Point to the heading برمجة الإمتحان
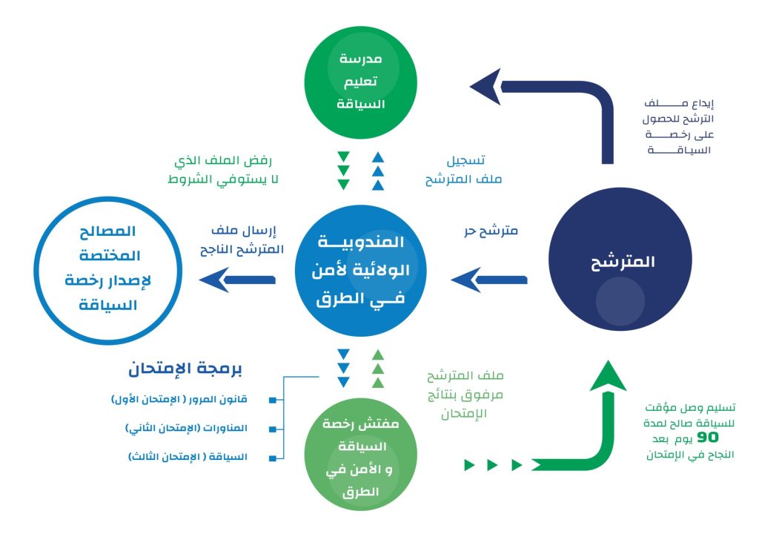coord(186,369)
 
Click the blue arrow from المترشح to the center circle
coord(489,280)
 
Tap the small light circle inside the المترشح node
coord(620,300)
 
